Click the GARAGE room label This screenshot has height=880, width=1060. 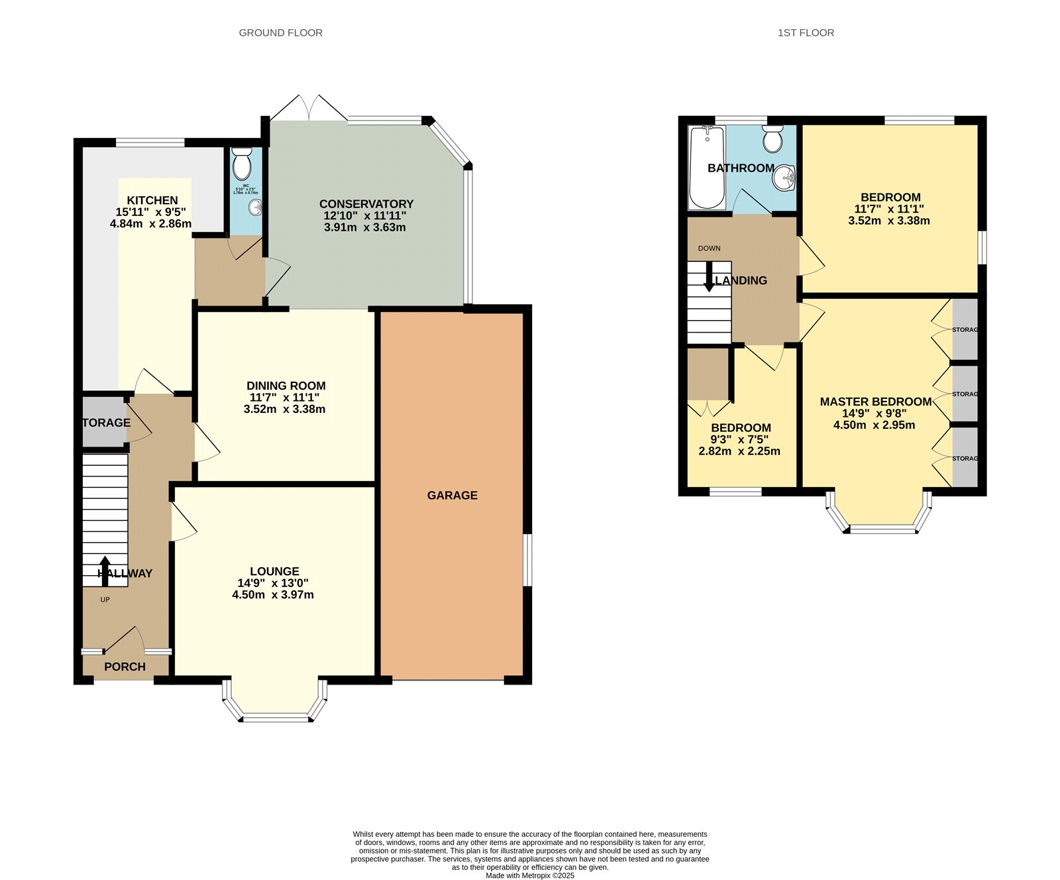(452, 495)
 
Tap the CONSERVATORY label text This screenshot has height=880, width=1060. (366, 204)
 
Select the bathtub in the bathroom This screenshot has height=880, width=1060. (707, 167)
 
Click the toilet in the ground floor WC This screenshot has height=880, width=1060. (242, 163)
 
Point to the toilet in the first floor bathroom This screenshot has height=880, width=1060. (772, 139)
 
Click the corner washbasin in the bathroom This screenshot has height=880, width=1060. (786, 177)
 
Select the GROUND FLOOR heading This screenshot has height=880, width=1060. (280, 32)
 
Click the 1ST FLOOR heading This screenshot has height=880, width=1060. (806, 32)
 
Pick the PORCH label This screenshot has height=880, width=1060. (125, 667)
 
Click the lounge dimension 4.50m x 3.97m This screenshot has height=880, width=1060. (273, 595)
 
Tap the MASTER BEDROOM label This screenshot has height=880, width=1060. (875, 402)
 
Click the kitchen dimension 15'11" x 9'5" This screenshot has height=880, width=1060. (151, 212)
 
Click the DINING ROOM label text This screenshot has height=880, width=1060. (286, 386)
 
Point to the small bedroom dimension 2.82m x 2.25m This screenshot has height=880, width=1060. (739, 451)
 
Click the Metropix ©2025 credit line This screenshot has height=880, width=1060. (530, 875)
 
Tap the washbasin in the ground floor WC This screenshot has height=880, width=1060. (255, 207)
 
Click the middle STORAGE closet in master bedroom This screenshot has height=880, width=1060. (964, 394)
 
